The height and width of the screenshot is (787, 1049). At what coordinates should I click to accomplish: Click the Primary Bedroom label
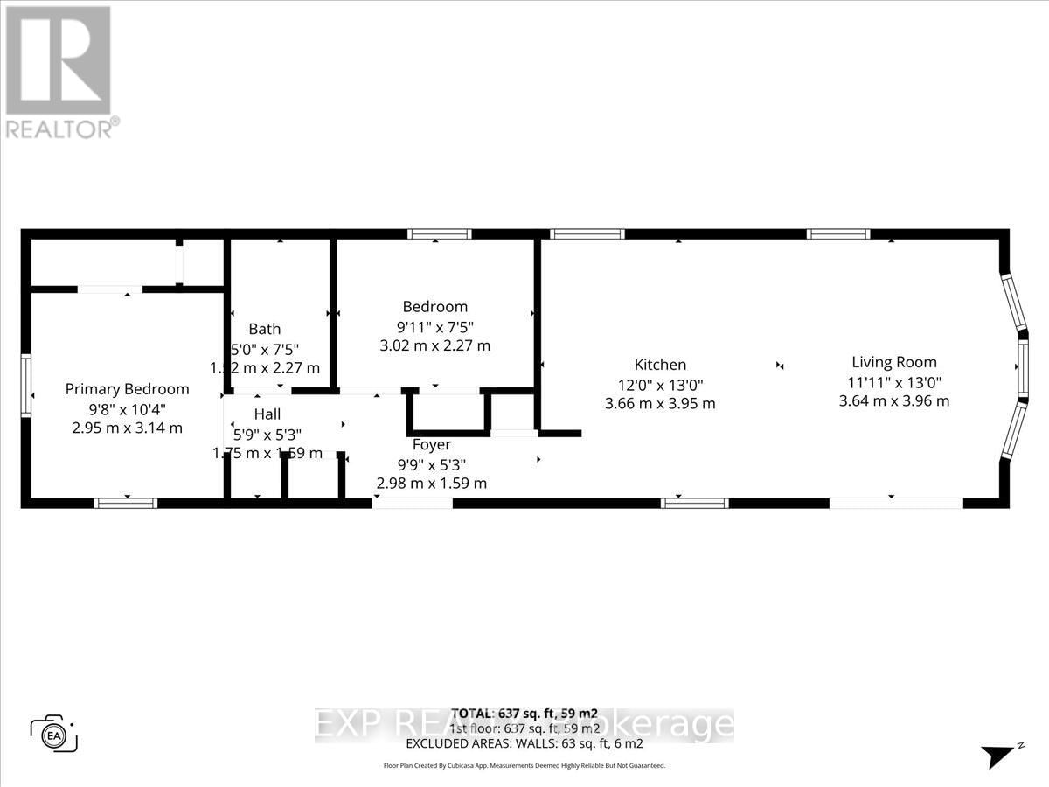coord(127,389)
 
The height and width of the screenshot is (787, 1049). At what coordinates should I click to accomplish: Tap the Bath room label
coord(265,329)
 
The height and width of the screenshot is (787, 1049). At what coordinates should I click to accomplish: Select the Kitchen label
coord(660,365)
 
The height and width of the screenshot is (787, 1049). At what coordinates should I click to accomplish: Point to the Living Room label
coord(893,362)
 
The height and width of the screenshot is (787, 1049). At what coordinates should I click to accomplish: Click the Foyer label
coord(432,444)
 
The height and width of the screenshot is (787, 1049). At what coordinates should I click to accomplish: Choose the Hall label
coord(267,414)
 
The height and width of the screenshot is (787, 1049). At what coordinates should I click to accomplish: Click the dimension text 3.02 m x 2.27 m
coord(434,345)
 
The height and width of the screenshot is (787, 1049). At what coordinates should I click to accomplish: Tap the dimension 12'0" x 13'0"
coord(660,384)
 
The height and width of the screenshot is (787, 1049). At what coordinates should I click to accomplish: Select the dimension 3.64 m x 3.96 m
coord(893,401)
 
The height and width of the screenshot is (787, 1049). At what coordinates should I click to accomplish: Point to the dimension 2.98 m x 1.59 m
coord(432,483)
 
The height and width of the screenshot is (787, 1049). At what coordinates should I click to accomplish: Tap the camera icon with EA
coord(54,733)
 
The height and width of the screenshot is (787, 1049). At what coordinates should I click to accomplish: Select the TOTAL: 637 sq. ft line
coord(524,713)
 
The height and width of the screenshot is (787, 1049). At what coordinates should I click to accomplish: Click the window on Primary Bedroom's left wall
coord(26,386)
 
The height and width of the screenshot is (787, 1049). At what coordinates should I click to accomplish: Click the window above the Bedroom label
coord(440,234)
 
